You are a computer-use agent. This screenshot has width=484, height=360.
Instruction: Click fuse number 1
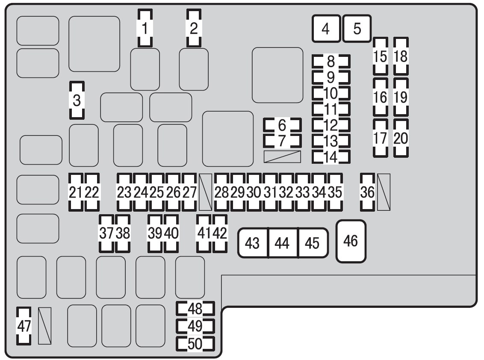[145, 28]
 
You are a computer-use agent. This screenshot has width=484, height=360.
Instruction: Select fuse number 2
[194, 28]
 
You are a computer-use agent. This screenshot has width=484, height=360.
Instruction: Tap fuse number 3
[77, 100]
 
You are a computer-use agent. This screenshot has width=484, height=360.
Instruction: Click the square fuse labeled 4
[326, 28]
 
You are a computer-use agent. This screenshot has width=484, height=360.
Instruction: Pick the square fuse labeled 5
[357, 28]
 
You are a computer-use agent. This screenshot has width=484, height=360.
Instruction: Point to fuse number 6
[282, 125]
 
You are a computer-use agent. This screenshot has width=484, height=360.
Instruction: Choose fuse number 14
[331, 157]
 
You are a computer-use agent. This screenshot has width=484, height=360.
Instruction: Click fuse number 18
[401, 56]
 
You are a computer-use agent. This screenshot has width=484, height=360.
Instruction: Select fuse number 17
[380, 138]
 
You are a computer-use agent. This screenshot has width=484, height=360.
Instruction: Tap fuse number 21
[76, 192]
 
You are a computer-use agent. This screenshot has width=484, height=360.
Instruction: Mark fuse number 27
[189, 192]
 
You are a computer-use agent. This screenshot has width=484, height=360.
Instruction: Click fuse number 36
[367, 192]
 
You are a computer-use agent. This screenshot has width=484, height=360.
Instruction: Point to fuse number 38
[123, 233]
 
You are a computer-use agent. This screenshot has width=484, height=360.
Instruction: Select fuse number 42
[220, 233]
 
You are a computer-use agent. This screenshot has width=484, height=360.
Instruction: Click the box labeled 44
[283, 243]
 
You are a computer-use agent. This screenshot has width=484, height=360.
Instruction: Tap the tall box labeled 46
[351, 241]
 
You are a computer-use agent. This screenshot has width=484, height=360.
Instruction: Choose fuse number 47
[24, 326]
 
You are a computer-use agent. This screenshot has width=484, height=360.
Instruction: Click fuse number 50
[195, 344]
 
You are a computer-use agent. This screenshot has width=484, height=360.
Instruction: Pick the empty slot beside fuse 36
[384, 192]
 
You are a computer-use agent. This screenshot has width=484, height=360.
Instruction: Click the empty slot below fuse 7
[282, 157]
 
